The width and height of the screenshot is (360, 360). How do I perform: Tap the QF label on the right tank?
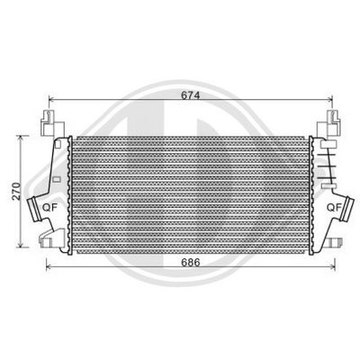333,206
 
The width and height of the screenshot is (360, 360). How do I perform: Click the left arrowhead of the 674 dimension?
51,100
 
